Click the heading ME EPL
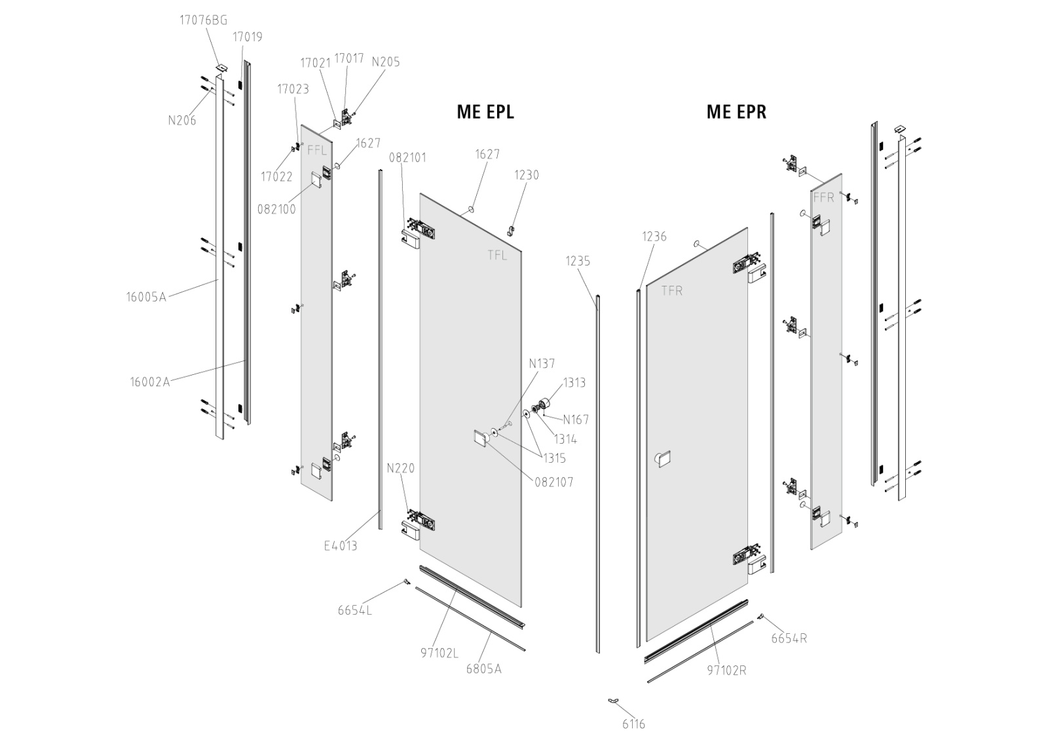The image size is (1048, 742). (485, 112)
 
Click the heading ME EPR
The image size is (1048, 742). (736, 112)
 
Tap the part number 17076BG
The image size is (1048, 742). (204, 20)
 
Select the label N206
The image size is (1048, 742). (182, 121)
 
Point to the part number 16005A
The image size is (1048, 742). (146, 297)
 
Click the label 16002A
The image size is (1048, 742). (150, 382)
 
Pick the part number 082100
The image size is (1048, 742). (276, 209)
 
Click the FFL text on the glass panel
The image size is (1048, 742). (317, 150)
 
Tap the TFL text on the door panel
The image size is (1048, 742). (497, 255)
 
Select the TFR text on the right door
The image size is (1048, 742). (672, 291)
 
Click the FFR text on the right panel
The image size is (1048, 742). (823, 197)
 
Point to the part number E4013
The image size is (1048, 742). (341, 546)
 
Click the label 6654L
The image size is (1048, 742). (354, 610)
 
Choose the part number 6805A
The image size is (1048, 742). (484, 669)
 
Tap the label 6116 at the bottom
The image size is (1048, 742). (633, 724)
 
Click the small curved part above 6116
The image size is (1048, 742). (613, 700)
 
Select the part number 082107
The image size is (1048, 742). (554, 482)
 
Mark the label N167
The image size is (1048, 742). (576, 420)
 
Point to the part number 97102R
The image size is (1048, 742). (726, 671)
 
